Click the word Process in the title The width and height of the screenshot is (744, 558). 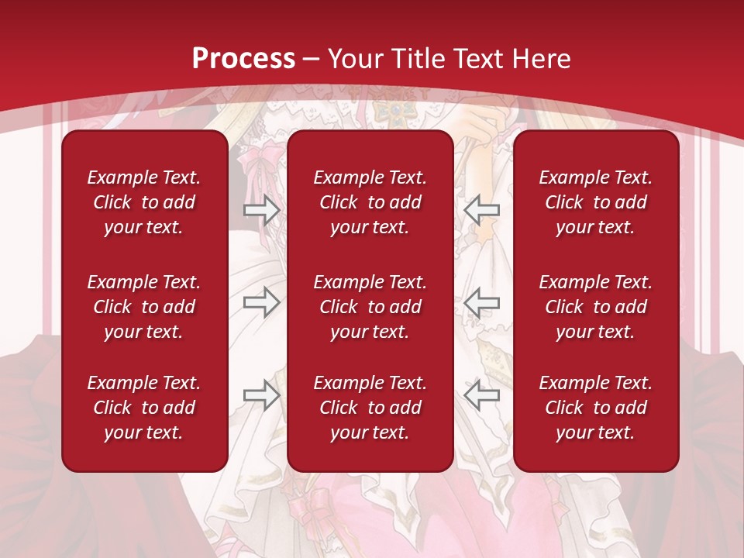pyautogui.click(x=243, y=59)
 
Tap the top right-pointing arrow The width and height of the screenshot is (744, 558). pyautogui.click(x=262, y=209)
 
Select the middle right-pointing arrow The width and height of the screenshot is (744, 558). pyautogui.click(x=262, y=302)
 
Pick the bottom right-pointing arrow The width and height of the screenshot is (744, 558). pyautogui.click(x=262, y=395)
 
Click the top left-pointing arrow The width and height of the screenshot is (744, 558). pyautogui.click(x=481, y=209)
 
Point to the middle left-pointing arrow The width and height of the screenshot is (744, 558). pyautogui.click(x=481, y=302)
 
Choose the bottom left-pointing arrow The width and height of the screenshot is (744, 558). pyautogui.click(x=481, y=395)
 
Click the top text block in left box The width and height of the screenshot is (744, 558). pyautogui.click(x=144, y=202)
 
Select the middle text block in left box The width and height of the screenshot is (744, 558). pyautogui.click(x=144, y=307)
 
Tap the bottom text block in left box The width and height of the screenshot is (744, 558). pyautogui.click(x=144, y=408)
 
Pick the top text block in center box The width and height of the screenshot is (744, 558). pyautogui.click(x=370, y=202)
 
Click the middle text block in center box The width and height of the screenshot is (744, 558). pyautogui.click(x=370, y=307)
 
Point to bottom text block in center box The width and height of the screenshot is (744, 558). pyautogui.click(x=370, y=408)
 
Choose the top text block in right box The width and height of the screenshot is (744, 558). pyautogui.click(x=595, y=202)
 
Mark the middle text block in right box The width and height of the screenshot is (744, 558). pyautogui.click(x=595, y=307)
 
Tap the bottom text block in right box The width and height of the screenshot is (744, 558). pyautogui.click(x=595, y=408)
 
